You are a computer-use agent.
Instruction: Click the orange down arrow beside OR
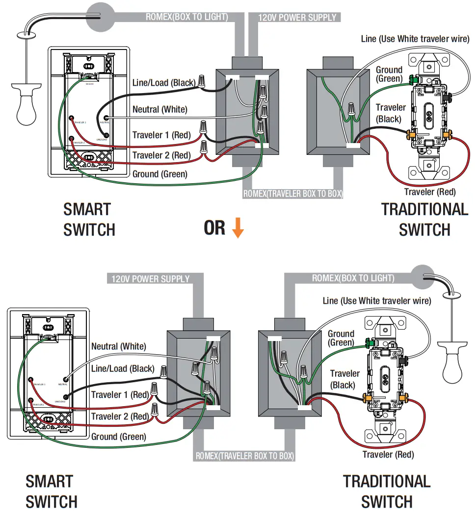pyautogui.click(x=237, y=228)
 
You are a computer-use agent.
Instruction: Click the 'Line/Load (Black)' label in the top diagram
pyautogui.click(x=164, y=83)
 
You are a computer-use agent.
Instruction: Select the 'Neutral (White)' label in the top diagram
pyautogui.click(x=160, y=109)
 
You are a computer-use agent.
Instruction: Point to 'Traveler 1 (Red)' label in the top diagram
pyautogui.click(x=161, y=135)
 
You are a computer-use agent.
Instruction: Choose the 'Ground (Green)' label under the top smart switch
pyautogui.click(x=160, y=174)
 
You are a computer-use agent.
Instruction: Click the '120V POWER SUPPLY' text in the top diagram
pyautogui.click(x=297, y=18)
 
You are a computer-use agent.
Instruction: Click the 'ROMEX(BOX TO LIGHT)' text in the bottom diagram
pyautogui.click(x=353, y=278)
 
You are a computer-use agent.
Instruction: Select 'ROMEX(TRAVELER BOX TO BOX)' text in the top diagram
pyautogui.click(x=293, y=194)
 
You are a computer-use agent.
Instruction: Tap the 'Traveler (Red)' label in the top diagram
pyautogui.click(x=430, y=192)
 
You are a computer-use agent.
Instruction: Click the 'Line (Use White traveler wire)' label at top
pyautogui.click(x=415, y=39)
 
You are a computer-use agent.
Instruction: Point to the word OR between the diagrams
pyautogui.click(x=214, y=228)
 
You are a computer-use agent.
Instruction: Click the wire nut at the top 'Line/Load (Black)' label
pyautogui.click(x=202, y=81)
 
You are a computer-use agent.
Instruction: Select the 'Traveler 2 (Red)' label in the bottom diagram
pyautogui.click(x=120, y=416)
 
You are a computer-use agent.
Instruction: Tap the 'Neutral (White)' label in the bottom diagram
pyautogui.click(x=119, y=346)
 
